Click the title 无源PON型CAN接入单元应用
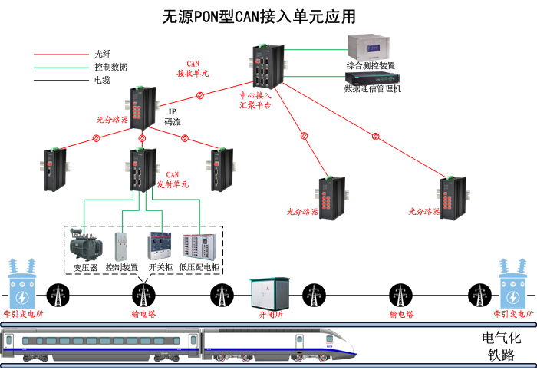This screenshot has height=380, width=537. (x=259, y=17)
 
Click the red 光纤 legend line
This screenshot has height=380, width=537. (x=61, y=55)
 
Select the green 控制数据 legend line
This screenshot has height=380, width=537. (x=61, y=67)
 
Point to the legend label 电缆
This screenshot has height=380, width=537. (x=102, y=79)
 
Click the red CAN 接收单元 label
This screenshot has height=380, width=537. (x=193, y=68)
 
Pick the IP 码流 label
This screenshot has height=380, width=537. (x=173, y=117)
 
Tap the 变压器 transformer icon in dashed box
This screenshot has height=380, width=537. (x=84, y=243)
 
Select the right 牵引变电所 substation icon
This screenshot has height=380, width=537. (x=514, y=284)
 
